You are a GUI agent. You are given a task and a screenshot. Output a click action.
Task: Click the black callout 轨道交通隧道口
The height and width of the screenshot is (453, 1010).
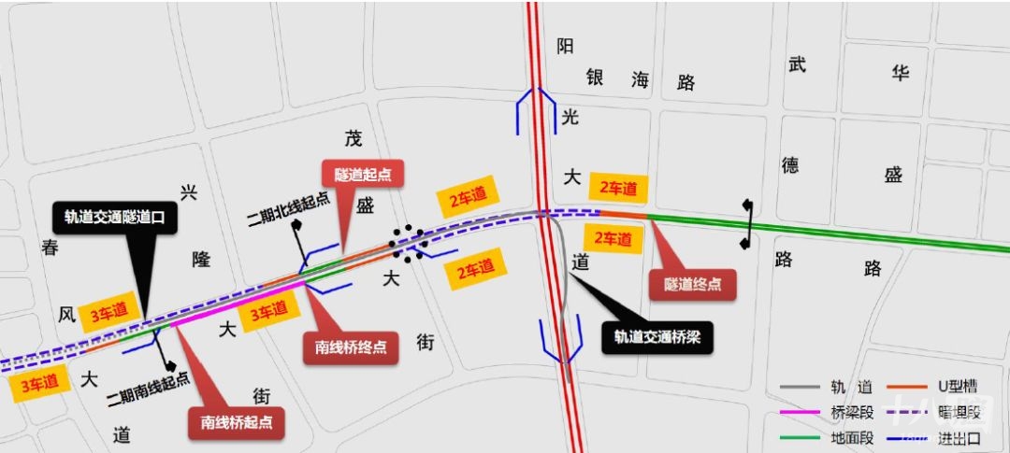(x=116, y=218)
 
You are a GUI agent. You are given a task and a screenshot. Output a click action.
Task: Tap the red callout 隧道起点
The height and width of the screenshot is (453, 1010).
(x=362, y=173)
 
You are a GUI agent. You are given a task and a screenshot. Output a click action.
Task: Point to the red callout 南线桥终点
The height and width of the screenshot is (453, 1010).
(x=351, y=347)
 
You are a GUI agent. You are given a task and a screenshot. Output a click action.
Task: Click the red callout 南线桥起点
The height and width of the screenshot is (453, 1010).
(x=237, y=421)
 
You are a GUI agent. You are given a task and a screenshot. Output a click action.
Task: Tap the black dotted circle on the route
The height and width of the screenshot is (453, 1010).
(x=410, y=242)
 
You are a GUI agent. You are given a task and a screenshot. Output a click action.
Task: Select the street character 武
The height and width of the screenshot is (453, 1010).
(x=797, y=64)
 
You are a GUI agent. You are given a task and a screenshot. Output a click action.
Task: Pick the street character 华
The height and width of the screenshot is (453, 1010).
(x=899, y=72)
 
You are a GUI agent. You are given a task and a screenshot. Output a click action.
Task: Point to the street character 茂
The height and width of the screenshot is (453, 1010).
(x=353, y=139)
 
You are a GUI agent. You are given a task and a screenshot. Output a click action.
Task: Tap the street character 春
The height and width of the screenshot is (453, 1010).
(x=51, y=247)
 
